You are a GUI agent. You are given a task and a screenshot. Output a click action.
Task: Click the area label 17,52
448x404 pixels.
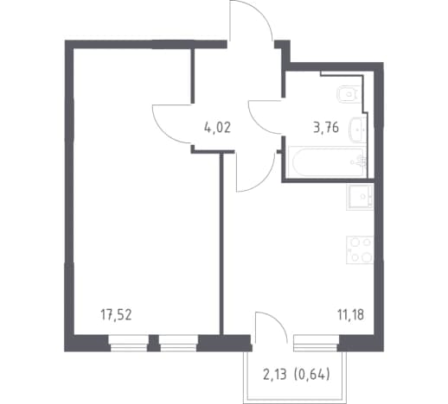point(116,314)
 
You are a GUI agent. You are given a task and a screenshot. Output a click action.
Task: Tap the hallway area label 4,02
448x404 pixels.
point(217,128)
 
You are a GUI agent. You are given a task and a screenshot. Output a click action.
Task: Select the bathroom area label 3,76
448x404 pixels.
point(326,128)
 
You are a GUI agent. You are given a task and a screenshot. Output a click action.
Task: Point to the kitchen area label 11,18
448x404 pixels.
point(350,314)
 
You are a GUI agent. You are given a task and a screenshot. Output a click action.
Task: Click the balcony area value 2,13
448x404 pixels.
point(275,375)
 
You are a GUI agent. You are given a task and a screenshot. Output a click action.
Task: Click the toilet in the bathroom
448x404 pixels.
point(349,94)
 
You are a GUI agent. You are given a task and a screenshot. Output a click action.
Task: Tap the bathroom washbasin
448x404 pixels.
point(358,129)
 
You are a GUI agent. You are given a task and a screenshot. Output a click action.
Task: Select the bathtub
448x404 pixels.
point(328,161)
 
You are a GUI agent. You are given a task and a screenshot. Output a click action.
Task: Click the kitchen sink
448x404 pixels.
point(360,197)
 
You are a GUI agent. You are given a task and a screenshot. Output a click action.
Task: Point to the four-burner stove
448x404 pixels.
point(360,249)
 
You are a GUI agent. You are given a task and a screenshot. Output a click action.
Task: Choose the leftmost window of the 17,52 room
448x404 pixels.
point(129,343)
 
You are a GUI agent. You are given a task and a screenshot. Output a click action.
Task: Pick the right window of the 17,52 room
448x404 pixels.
point(178,343)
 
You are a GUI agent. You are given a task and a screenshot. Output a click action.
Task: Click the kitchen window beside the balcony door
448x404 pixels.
point(316,343)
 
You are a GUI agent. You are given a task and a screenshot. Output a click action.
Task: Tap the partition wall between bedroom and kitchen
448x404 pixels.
point(221,243)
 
